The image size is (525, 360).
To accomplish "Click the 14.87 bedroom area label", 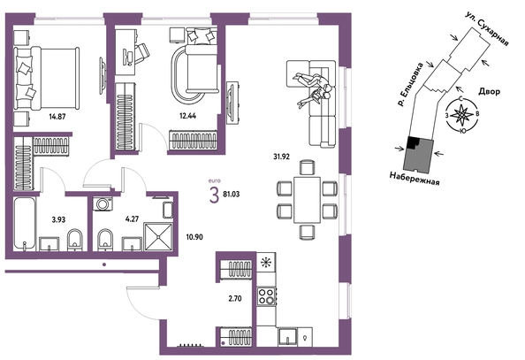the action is pos(57,117).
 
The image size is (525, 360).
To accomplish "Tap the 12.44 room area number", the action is pos(188,116).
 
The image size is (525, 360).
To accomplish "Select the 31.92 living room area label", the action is pos(281,157).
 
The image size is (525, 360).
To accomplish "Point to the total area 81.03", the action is pos(232,194).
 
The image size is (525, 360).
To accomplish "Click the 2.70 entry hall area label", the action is pos(235,298).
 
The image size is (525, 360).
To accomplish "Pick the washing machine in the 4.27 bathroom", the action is pos(103,203).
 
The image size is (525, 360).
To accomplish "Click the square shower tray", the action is pos(158,236).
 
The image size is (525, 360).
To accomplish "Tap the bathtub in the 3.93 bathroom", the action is pos(24,224).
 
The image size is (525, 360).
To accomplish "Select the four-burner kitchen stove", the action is pos(267,296).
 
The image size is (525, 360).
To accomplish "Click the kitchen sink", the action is pos(287,336).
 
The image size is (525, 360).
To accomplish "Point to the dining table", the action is pos(308,200).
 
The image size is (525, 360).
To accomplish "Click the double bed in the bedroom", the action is pos(47,79).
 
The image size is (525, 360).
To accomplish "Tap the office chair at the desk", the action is pos(142,53).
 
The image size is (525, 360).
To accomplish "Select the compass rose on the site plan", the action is pos(461,115).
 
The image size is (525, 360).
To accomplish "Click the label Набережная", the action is pos(415,178).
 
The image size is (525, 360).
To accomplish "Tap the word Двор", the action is pos(489,91).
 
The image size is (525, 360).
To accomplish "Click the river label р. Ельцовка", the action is pos(410,84).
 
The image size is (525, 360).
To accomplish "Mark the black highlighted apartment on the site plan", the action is pos(413,142).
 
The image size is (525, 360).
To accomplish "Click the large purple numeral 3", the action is pos(214,195).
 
